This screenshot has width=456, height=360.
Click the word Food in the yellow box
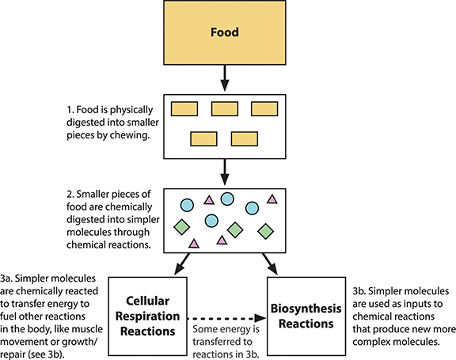point(225,32)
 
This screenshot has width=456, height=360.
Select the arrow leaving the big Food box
point(225,78)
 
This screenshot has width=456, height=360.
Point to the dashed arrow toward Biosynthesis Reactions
point(226,318)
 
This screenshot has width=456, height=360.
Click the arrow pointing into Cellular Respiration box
point(182,263)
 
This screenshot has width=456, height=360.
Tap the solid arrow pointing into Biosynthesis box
point(270,263)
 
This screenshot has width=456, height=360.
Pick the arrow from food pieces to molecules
point(225,172)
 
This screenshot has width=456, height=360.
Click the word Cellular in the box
point(147,301)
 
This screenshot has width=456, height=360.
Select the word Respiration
point(147,316)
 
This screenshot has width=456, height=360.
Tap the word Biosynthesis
point(306,309)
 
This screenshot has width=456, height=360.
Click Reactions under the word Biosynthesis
point(306,324)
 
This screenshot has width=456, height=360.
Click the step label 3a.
point(6,279)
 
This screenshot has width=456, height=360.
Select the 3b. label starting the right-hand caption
point(359,291)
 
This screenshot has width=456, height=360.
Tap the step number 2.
point(70,194)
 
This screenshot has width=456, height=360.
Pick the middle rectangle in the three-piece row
point(225,109)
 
